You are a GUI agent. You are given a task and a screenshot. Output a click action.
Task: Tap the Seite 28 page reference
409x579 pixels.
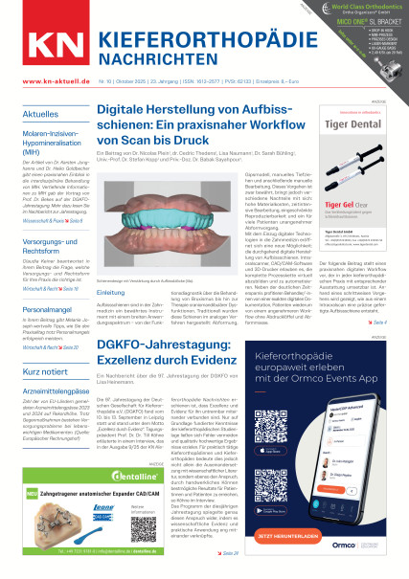click(x=230, y=552)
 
